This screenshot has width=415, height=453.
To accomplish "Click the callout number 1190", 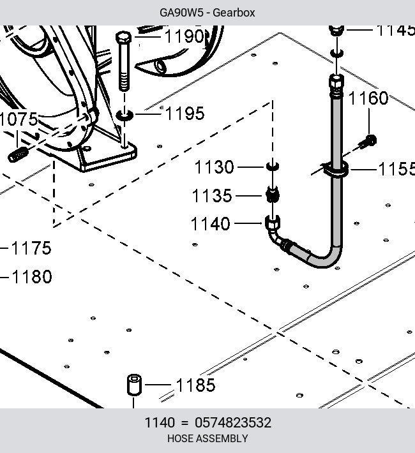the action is point(185,36).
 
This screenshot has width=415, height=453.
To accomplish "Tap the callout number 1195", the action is point(185,114).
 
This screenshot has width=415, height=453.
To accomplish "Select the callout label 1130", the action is point(215,167).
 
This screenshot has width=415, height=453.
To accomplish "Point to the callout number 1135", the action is point(212,196).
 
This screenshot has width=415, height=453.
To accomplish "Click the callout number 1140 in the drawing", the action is point(211,223).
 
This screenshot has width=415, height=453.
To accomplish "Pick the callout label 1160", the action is point(368,98).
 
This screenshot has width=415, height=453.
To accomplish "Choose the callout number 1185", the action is point(196,385).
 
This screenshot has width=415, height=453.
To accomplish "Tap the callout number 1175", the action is point(31,248).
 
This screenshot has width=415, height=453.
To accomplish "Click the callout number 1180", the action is point(32,276).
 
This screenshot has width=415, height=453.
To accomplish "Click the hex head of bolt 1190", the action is point(123,38).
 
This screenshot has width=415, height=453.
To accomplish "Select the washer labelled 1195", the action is point(124,115).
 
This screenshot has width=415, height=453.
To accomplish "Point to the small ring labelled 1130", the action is point(272,166).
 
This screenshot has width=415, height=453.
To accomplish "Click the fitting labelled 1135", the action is point(272,195).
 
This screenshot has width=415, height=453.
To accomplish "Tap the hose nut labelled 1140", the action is point(273,223).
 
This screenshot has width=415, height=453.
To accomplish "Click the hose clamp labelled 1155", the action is point(336,169).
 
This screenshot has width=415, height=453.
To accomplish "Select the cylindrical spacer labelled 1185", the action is point(134,385).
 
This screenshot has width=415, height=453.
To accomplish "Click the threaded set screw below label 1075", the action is point(18,154).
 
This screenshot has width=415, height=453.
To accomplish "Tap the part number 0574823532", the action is point(233,422).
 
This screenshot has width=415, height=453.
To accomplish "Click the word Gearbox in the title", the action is point(234,13).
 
